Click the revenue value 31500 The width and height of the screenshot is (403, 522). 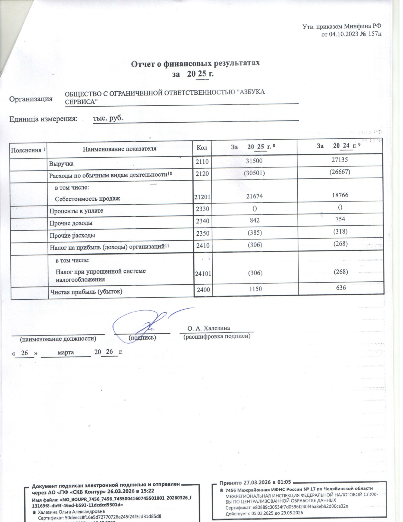pos(254,161)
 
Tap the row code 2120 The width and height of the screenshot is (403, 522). pos(202,173)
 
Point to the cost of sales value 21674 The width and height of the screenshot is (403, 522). pos(254,196)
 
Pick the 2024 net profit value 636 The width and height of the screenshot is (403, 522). pos(341,288)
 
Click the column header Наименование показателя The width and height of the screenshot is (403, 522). pos(119,149)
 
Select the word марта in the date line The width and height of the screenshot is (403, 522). pos(66,352)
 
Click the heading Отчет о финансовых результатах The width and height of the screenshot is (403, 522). pos(196,63)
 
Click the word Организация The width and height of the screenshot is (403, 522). pos(31,99)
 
